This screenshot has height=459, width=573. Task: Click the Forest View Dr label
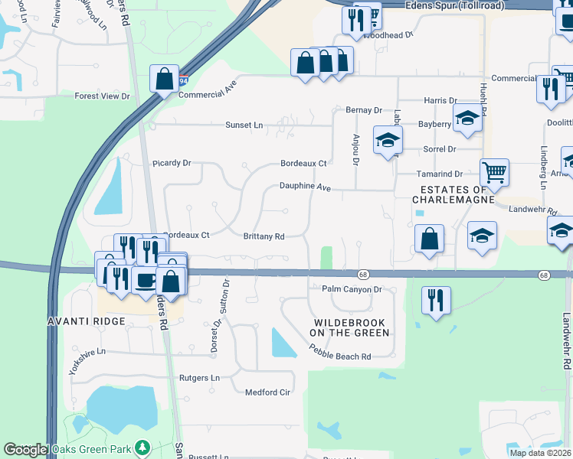coord(102,96)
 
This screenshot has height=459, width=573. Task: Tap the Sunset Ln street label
coord(244,125)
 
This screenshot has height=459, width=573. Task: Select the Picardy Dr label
coord(171,163)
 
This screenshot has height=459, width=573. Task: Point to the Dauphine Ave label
coord(304,186)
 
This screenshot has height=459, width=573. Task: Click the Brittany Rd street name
coord(264,237)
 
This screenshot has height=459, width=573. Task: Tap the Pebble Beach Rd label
coord(340,353)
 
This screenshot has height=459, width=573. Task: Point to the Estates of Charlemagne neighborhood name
coord(449,194)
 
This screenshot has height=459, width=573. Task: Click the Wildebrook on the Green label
coord(350,327)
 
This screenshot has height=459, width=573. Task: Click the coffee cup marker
coord(144,279)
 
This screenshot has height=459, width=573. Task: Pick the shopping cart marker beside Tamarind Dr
coord(494,172)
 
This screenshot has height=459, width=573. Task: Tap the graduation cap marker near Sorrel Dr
coord(388,140)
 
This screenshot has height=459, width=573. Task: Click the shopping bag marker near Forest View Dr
coord(165,78)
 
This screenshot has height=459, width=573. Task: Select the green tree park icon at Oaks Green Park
coord(140,448)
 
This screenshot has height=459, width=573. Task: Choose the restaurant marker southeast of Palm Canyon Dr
coord(436,300)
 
